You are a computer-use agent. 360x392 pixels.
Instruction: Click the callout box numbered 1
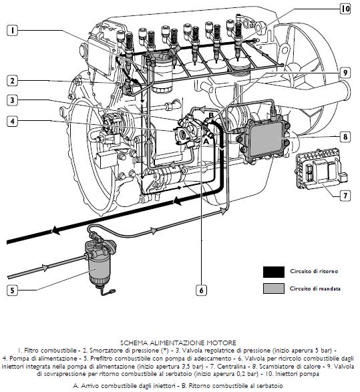[12, 30]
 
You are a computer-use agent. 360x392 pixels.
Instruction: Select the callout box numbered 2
[12, 81]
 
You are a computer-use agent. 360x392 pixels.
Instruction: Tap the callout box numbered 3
[12, 100]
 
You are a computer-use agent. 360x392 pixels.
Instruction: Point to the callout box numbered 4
[12, 122]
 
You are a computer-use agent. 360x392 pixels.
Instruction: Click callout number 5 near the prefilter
[12, 290]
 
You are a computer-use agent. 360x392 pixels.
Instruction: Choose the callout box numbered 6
[201, 290]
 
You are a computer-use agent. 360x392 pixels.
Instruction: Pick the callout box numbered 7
[345, 195]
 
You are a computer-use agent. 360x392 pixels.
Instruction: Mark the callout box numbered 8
[345, 137]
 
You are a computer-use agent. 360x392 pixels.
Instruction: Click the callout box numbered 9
[345, 73]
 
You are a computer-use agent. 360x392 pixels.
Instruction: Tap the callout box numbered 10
[345, 9]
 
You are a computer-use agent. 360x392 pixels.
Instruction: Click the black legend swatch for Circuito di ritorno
[273, 272]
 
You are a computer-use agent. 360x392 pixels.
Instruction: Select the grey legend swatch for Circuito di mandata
[273, 288]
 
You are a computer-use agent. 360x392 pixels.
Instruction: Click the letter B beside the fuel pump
[211, 116]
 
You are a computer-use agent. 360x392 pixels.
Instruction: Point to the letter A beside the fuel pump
[206, 142]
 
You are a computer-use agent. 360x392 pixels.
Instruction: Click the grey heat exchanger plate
[266, 138]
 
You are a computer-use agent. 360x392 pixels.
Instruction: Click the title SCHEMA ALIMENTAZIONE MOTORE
[178, 343]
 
